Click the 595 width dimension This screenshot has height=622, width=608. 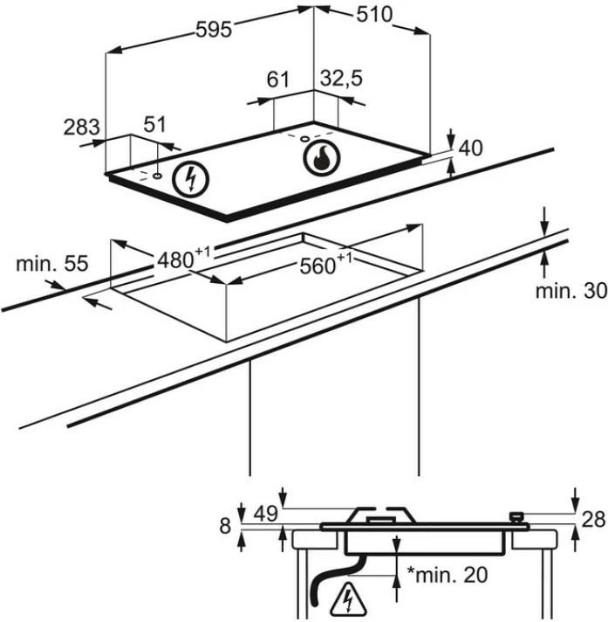click(x=213, y=30)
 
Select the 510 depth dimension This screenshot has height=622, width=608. click(x=373, y=15)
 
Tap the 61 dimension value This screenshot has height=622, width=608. click(x=277, y=79)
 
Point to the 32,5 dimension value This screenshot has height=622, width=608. click(x=341, y=79)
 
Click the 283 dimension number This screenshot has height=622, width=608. click(x=82, y=128)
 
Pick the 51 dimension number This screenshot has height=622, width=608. click(x=154, y=124)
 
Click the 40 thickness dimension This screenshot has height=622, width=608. click(x=470, y=149)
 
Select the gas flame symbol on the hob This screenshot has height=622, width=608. click(x=319, y=160)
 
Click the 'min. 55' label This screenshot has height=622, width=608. click(x=51, y=263)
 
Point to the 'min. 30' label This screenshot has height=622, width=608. click(x=570, y=291)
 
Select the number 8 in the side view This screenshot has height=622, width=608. click(x=226, y=526)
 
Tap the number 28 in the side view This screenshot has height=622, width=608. click(x=593, y=520)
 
